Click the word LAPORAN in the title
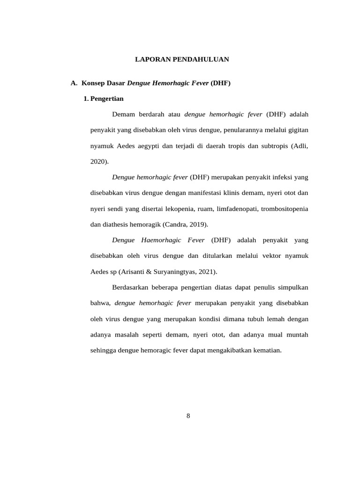coord(149,60)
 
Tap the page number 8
coord(188,415)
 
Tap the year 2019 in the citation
coord(197,224)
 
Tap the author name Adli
coord(300,146)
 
